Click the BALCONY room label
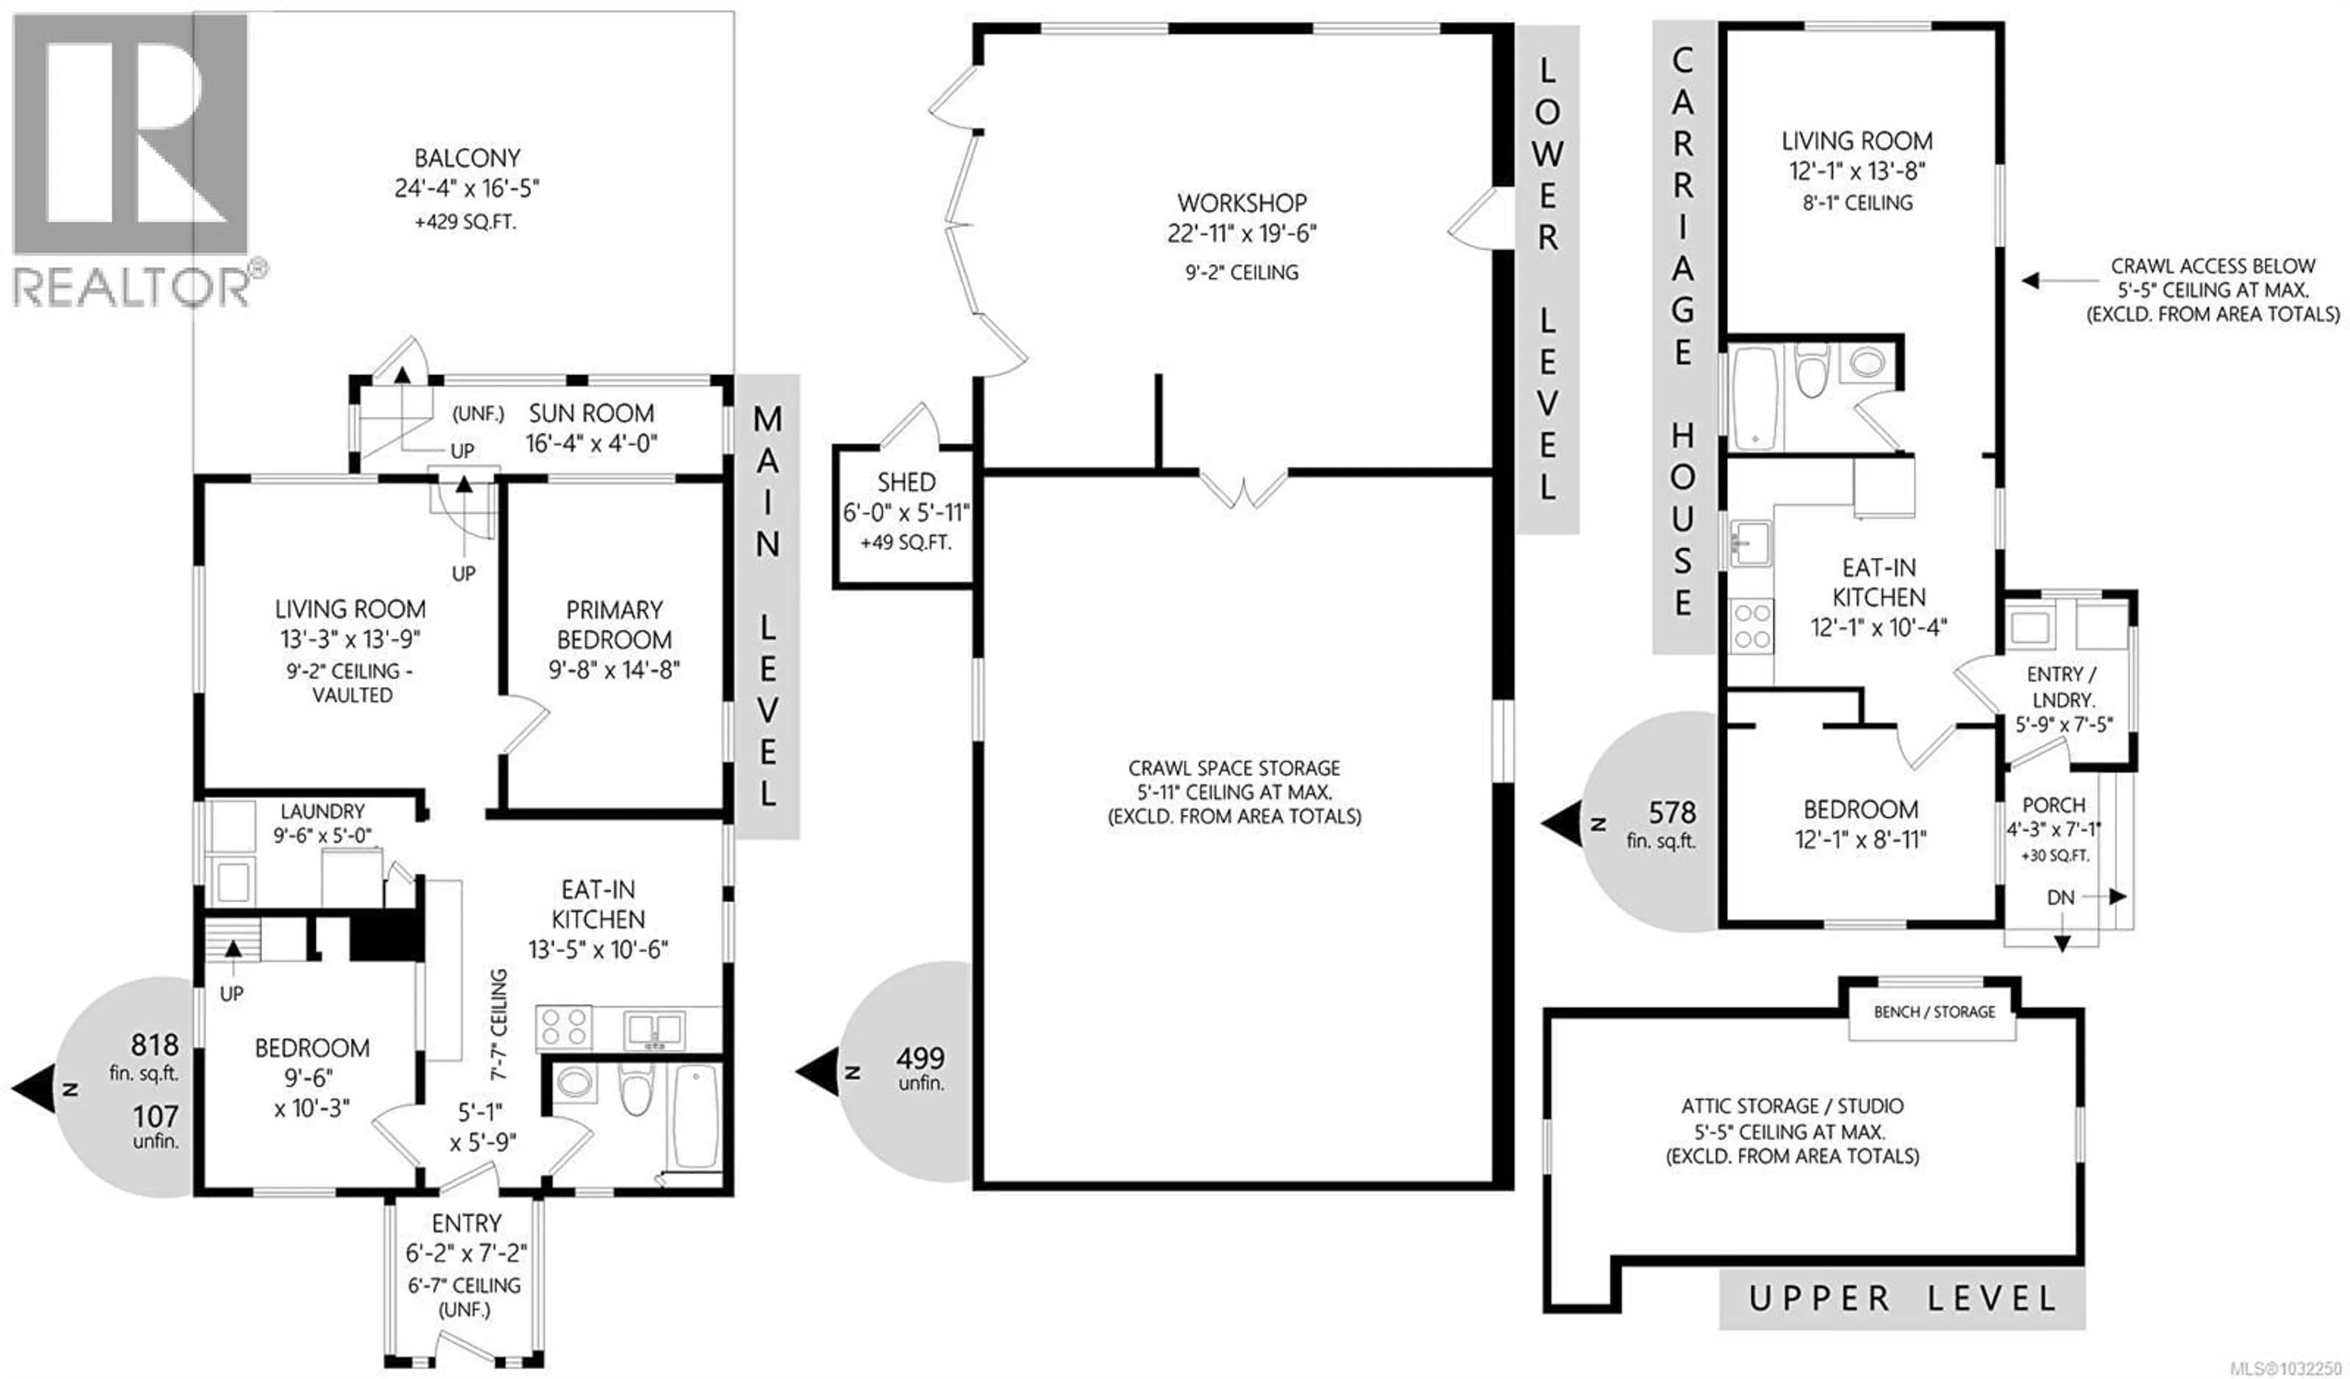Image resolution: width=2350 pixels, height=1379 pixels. click(466, 158)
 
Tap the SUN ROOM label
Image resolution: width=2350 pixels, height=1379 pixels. click(591, 413)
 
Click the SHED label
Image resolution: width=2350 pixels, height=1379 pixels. click(906, 482)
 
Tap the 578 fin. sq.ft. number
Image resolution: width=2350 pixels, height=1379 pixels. click(1671, 813)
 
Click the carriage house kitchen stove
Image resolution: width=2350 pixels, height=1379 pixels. click(1751, 626)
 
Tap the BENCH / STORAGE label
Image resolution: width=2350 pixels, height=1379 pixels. click(1934, 1012)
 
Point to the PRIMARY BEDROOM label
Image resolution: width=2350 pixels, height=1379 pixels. click(614, 625)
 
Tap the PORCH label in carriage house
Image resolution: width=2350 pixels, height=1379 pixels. click(2053, 805)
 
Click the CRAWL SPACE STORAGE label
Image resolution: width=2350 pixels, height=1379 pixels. click(1234, 768)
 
